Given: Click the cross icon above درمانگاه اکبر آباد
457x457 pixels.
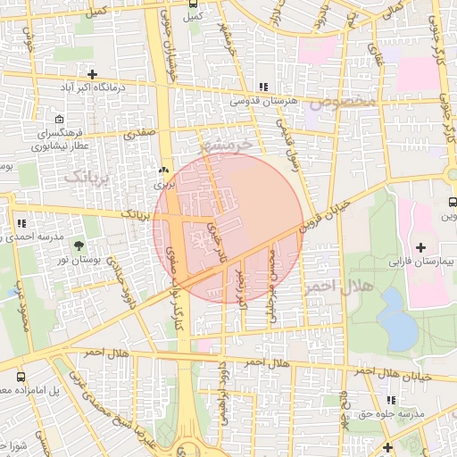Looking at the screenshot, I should click(92, 73).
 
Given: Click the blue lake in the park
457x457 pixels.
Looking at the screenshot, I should click(396, 322).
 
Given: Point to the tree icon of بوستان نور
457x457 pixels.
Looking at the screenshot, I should click(79, 244).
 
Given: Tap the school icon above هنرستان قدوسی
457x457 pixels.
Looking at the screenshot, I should click(262, 87).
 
